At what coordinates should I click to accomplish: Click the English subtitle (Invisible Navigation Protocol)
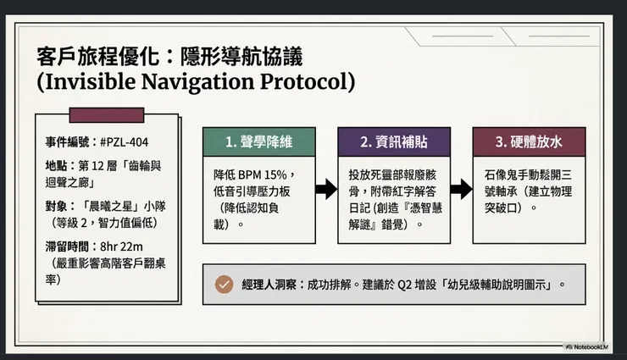[196, 83]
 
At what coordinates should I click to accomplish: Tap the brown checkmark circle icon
[225, 285]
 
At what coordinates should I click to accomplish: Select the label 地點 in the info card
[57, 163]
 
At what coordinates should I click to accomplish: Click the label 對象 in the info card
[57, 204]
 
